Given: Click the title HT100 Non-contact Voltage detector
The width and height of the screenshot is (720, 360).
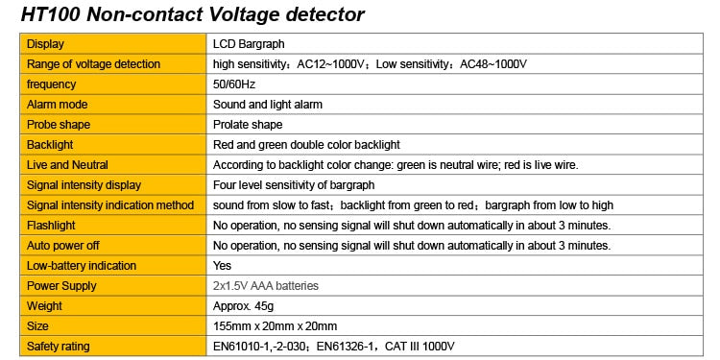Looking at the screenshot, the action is pos(192,14).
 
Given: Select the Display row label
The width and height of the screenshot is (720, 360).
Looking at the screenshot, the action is pos(45,44).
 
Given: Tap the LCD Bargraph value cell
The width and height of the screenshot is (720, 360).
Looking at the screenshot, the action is pos(248,44).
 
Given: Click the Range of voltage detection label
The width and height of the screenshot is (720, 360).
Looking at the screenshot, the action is pos(93,64).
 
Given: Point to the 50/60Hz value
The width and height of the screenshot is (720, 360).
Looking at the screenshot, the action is pos(234,84).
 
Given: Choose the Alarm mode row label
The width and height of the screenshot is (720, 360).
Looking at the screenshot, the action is pos(57,105).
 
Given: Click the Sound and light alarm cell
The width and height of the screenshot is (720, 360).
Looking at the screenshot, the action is pos(267,105).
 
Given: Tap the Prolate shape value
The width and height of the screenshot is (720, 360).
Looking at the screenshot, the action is pos(247,125).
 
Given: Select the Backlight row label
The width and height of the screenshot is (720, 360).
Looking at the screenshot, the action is pos(50,145).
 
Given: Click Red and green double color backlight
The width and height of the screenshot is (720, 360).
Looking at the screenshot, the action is pos(305,145).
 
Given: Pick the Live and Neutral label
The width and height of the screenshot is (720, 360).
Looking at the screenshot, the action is pos(67,165).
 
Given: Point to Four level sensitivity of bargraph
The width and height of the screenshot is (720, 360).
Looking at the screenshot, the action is pos(293,185).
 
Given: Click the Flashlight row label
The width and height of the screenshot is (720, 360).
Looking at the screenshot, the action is pos(52,226).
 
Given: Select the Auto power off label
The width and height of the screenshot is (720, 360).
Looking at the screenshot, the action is pos(62,246).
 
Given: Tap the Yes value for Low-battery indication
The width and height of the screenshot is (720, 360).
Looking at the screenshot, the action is pos(222,266).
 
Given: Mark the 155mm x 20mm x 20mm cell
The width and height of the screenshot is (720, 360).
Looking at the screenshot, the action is pos(275,326).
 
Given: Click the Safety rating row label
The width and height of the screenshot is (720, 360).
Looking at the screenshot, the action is pos(60,347).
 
